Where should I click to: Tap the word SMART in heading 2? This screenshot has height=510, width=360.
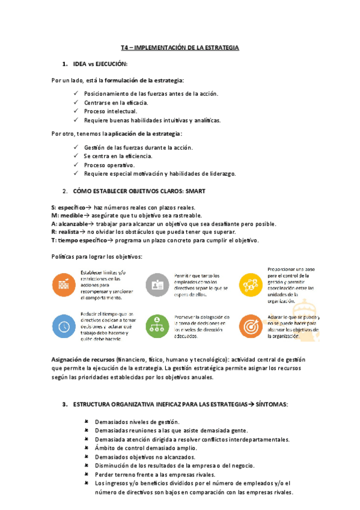click(195, 191)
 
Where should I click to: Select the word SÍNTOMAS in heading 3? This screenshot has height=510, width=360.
click(272, 404)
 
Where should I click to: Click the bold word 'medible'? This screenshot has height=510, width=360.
click(72, 215)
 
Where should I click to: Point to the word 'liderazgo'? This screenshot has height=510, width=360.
click(219, 173)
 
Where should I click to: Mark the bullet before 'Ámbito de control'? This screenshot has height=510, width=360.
click(87, 448)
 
